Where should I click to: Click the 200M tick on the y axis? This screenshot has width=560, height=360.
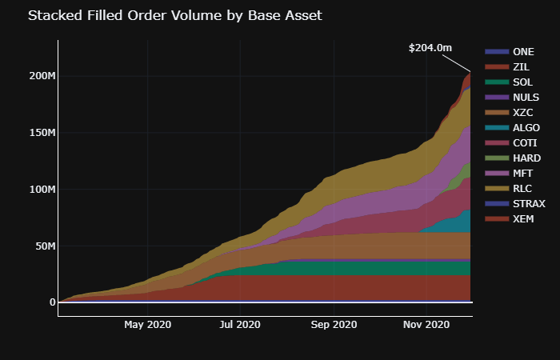point(41,76)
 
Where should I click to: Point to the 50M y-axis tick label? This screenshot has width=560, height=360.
point(43,246)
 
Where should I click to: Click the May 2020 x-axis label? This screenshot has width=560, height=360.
point(147,325)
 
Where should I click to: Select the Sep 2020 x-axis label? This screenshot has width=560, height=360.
point(333,325)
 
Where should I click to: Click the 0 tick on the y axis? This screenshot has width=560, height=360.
point(52,302)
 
